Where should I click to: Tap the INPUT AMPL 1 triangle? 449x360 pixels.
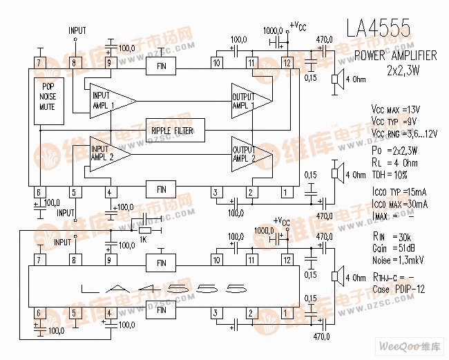pos(108,101)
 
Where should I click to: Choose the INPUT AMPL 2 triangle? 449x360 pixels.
pos(108,152)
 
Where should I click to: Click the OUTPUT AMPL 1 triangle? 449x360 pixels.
pos(249,101)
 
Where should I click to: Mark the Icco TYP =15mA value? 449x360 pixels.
pos(399,193)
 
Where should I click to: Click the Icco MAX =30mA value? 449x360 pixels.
pos(399,205)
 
